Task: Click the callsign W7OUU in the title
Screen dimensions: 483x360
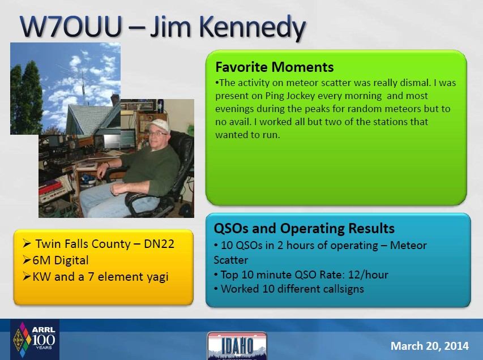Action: coord(71,27)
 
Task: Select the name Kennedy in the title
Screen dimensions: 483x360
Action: coord(253,28)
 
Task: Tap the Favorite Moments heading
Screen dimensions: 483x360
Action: coord(275,67)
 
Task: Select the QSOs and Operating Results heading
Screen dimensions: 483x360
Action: coord(304,229)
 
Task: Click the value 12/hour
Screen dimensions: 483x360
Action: coord(368,275)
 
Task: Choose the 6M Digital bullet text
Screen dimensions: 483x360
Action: coord(61,260)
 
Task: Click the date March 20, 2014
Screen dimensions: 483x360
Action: coord(430,346)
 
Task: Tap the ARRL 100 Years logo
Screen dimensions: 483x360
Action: coord(35,340)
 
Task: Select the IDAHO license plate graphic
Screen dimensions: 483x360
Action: coord(237,345)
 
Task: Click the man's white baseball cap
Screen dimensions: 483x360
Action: coord(159,125)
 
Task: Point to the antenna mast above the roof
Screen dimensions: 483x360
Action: coord(83,88)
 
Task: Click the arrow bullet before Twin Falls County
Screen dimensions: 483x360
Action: coord(27,244)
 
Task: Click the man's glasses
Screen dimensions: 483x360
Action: coord(157,134)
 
